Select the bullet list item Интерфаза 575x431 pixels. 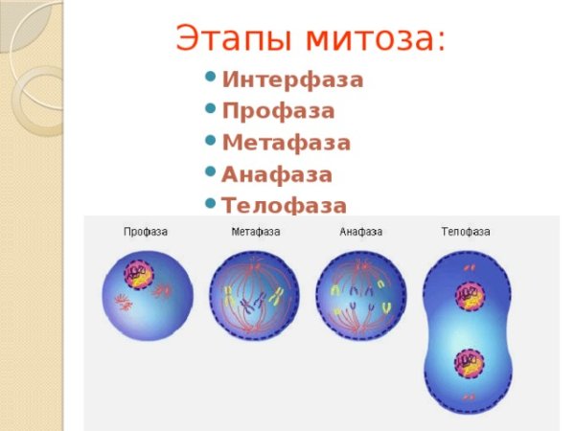point(292,80)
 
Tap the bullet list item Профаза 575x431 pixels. point(278,112)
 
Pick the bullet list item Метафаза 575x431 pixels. point(286,144)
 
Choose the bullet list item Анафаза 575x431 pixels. point(277,175)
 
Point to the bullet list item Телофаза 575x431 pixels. point(284,205)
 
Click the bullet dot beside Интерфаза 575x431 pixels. point(210,78)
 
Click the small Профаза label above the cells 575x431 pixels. point(145,232)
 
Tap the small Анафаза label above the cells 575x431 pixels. point(360,232)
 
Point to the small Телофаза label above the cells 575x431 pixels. point(466,232)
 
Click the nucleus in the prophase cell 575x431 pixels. point(139,274)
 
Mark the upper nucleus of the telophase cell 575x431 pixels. point(469,295)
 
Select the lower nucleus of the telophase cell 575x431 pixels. point(469,362)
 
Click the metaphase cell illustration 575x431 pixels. point(254,297)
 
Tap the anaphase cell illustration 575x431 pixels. point(361,297)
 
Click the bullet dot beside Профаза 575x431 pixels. point(210,109)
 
